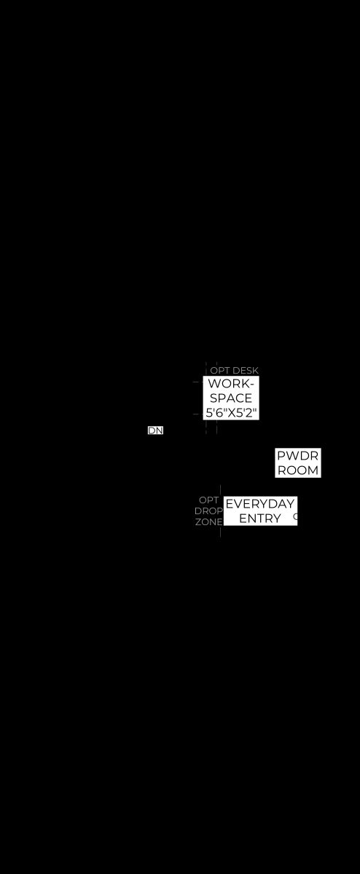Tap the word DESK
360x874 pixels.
(245, 370)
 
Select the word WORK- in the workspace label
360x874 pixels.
(231, 384)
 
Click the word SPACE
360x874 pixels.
(231, 398)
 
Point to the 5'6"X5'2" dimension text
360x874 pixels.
(231, 412)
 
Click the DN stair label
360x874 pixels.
(155, 430)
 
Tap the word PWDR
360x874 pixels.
(297, 455)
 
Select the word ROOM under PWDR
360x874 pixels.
(297, 471)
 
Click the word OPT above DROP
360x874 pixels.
(208, 500)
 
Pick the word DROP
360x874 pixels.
(208, 511)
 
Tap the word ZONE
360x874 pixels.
(208, 521)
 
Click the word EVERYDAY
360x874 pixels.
(259, 504)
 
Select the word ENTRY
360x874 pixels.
(259, 518)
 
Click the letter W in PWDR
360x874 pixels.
(291, 455)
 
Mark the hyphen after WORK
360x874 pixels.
(251, 385)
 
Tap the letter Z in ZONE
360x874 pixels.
(198, 521)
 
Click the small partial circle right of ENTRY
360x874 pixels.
(295, 517)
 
